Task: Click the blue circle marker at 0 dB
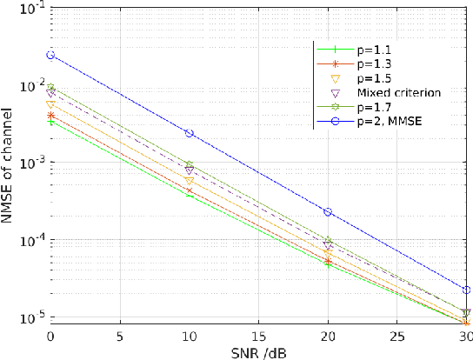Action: click(x=50, y=55)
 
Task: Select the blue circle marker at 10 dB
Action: click(x=190, y=133)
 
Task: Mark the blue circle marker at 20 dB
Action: click(x=329, y=212)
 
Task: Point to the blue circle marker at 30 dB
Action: click(x=467, y=290)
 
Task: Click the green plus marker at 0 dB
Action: click(x=50, y=122)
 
